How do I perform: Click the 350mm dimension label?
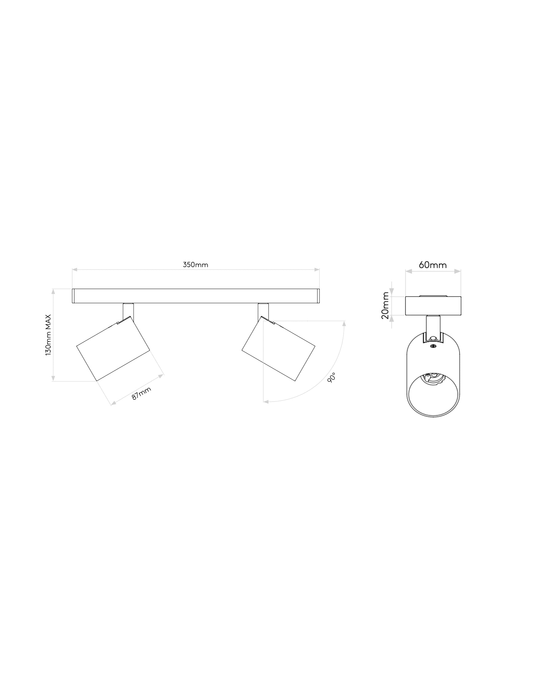point(195,265)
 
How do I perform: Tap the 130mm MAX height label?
point(48,334)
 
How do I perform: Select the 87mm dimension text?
point(141,393)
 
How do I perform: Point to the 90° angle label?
point(332,377)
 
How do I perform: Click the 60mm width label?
point(433,265)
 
